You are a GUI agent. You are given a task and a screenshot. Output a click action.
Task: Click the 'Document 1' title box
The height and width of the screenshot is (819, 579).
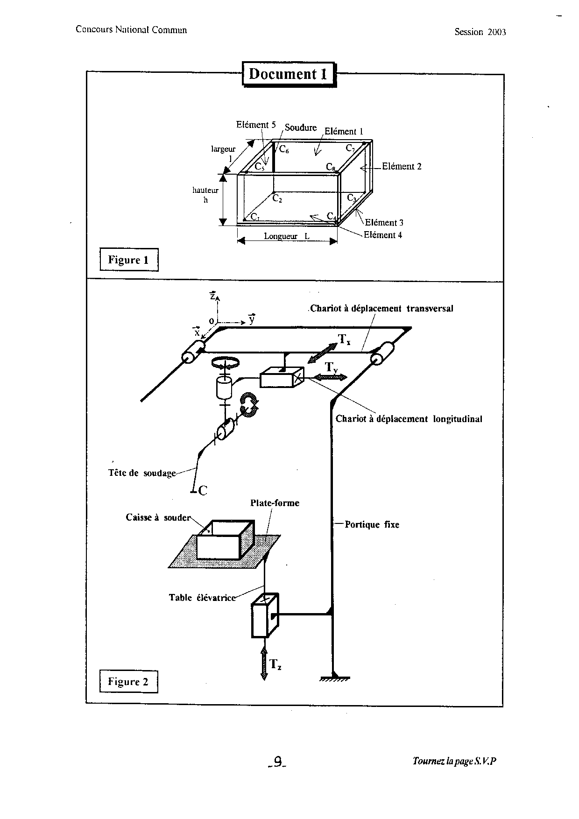point(289,74)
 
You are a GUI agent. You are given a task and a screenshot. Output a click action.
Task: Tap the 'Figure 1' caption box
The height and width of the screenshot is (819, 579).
point(129,260)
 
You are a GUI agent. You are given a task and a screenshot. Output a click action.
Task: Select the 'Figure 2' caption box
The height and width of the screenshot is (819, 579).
point(128,682)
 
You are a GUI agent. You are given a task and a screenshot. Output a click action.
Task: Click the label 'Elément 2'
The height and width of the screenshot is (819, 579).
point(402,166)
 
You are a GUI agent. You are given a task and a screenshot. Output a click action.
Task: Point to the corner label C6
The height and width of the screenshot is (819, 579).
point(284,149)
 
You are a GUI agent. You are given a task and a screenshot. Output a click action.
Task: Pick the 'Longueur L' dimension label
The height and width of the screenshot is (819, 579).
point(287,236)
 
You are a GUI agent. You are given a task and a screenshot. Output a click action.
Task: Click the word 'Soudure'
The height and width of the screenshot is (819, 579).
point(301,127)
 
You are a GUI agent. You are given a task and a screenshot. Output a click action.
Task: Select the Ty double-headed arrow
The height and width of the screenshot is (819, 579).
point(331,377)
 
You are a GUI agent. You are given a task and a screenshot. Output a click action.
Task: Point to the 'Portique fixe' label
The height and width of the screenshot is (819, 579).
point(372,524)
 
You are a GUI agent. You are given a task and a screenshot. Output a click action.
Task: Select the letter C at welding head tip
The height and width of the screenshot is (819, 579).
point(203,491)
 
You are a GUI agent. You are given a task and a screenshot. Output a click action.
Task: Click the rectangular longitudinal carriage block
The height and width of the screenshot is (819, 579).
point(282,377)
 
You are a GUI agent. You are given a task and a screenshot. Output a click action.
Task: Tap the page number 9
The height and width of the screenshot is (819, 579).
point(278,762)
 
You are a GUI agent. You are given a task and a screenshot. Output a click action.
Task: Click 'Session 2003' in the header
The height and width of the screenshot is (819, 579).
point(480,32)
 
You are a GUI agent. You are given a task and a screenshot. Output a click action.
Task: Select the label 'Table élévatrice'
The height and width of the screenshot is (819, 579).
point(202,598)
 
